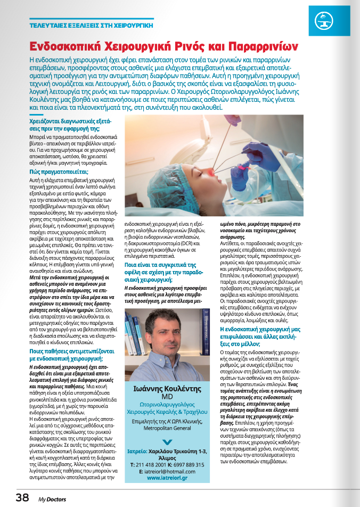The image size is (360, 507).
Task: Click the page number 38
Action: [22, 497]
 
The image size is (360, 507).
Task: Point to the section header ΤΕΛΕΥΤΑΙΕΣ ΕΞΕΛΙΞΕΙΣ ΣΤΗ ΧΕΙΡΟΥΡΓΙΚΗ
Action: [91, 25]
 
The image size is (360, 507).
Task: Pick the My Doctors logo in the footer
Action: [52, 498]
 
